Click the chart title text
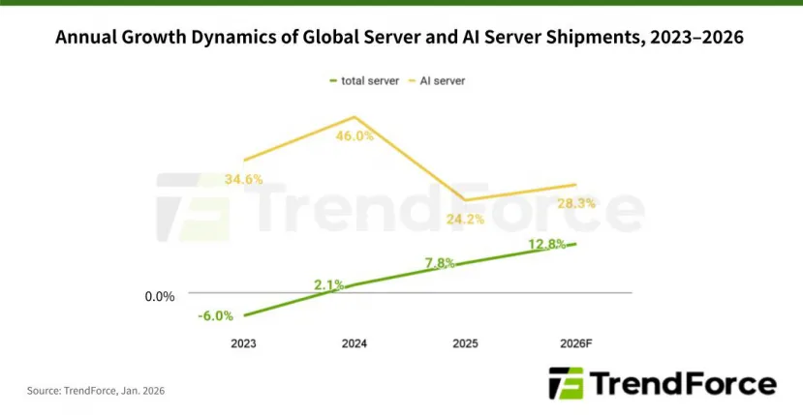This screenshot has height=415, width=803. click(x=401, y=38)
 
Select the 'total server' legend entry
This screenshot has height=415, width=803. click(x=364, y=80)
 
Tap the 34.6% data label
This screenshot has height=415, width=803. click(x=243, y=179)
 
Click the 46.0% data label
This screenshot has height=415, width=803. click(x=355, y=136)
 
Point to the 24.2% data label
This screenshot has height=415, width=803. click(x=465, y=219)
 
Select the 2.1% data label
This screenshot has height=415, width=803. click(x=330, y=284)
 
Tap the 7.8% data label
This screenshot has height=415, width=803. click(x=439, y=263)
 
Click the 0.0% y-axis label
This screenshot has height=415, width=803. click(x=160, y=296)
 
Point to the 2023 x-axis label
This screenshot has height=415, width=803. click(x=244, y=343)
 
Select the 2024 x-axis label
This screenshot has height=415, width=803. click(x=355, y=343)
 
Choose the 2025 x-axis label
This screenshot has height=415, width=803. click(x=465, y=343)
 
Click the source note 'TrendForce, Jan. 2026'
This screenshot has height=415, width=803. click(x=89, y=392)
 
